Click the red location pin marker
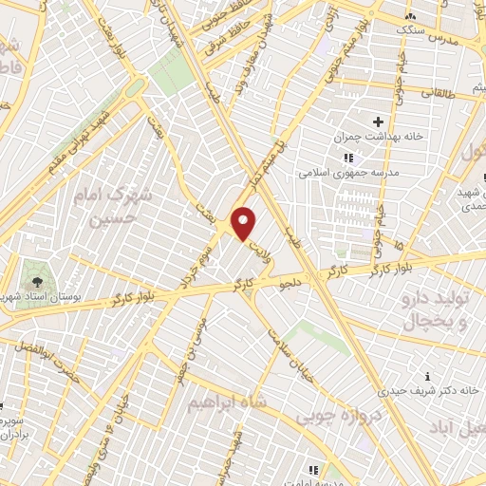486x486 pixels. [x=244, y=223]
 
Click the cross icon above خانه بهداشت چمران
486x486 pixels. [x=379, y=122]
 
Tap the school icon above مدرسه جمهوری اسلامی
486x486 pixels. [x=347, y=158]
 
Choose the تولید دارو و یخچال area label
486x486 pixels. [x=440, y=310]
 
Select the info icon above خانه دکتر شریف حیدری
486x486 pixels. [x=428, y=374]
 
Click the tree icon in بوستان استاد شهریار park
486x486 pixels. [x=36, y=282]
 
